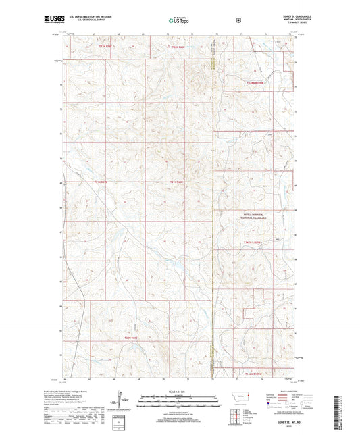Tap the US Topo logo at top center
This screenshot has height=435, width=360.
(x=180, y=20)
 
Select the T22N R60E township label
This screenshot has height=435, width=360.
(x=177, y=47)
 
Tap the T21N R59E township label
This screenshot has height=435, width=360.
(x=100, y=182)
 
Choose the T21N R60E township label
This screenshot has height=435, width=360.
(x=177, y=182)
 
